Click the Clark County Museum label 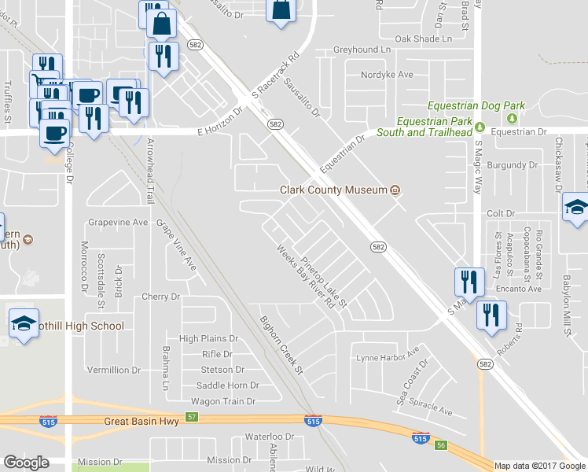(334, 190)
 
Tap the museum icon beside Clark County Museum (395, 190)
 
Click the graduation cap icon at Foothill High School (24, 323)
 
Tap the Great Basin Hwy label (141, 422)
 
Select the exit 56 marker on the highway (441, 445)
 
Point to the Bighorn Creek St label (281, 345)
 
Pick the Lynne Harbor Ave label (388, 358)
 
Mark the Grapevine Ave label (118, 223)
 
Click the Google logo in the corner (26, 463)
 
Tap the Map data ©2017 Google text (540, 466)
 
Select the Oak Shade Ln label (424, 38)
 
